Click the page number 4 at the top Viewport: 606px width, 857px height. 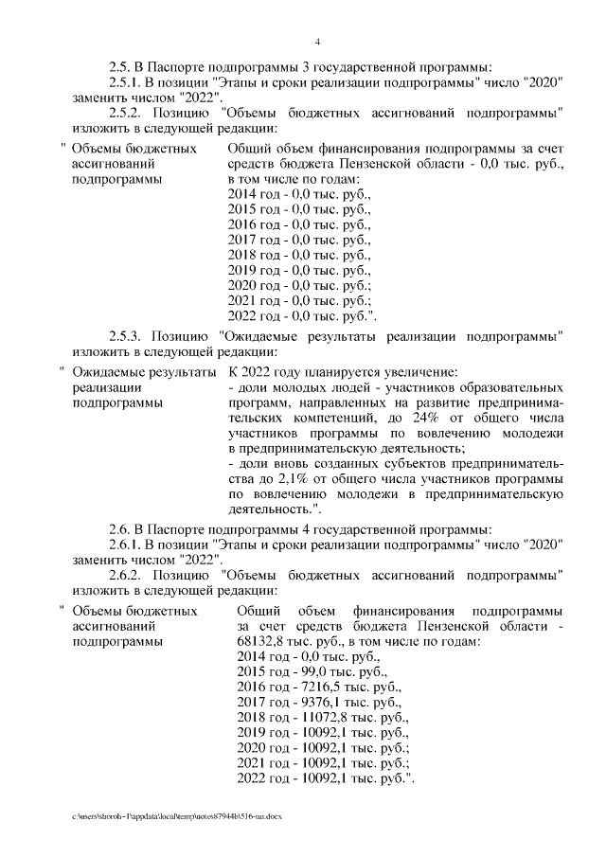pos(318,42)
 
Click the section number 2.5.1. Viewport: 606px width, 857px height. pos(126,82)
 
